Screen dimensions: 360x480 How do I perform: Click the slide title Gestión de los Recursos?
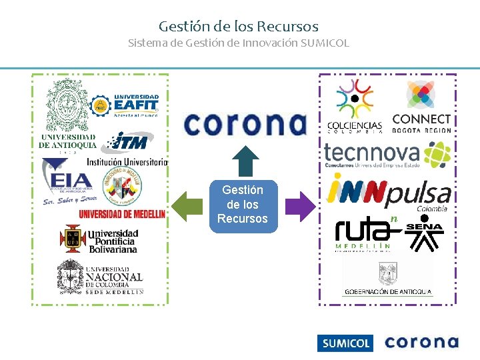pyautogui.click(x=239, y=27)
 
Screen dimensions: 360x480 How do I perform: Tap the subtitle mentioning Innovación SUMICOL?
pyautogui.click(x=239, y=43)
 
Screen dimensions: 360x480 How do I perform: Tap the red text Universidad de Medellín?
pyautogui.click(x=122, y=213)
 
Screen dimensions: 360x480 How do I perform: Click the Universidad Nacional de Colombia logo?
pyautogui.click(x=100, y=277)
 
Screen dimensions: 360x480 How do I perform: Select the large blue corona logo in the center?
pyautogui.click(x=244, y=124)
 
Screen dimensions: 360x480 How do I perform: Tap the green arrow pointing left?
pyautogui.click(x=187, y=206)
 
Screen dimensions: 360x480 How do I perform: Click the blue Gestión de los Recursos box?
pyautogui.click(x=243, y=205)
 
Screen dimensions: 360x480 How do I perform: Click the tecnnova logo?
pyautogui.click(x=387, y=155)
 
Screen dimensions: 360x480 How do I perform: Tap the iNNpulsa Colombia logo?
pyautogui.click(x=389, y=192)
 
